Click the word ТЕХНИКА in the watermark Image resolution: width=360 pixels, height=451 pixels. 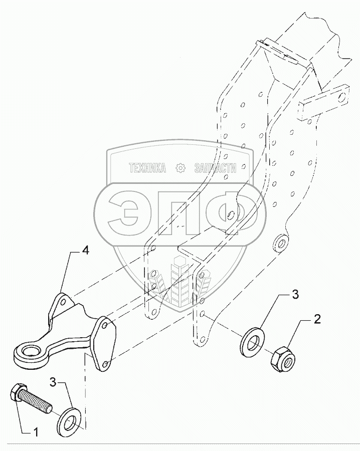point(147,169)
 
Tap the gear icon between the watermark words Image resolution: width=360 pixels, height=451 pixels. point(179,169)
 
